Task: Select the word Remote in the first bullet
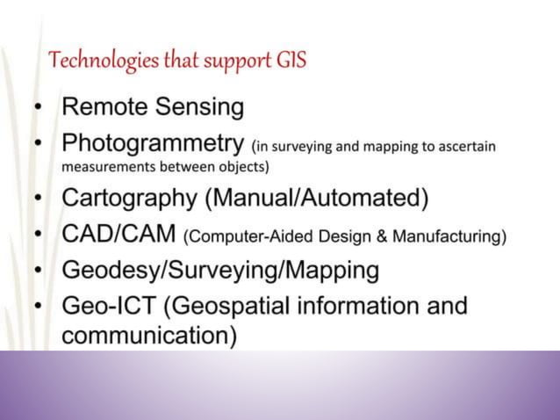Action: (101, 107)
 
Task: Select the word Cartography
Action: (130, 198)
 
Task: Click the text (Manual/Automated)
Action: (317, 198)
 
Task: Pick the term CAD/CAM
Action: (118, 235)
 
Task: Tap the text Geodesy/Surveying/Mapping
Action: (220, 270)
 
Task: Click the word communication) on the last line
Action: (148, 336)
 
